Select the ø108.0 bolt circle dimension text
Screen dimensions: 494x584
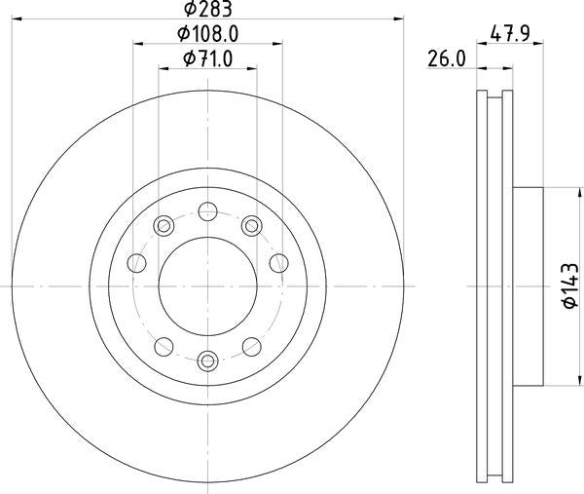click(x=207, y=34)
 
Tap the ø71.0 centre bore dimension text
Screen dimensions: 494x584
click(x=207, y=59)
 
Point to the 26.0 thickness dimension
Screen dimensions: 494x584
click(x=445, y=59)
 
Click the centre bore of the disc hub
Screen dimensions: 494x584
click(x=207, y=285)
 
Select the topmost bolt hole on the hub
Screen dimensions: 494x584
click(x=207, y=209)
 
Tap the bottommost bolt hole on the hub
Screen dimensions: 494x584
click(x=207, y=361)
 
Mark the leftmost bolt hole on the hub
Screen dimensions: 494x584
click(x=137, y=261)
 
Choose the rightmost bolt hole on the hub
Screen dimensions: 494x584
click(x=278, y=261)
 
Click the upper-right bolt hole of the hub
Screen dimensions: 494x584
click(x=252, y=226)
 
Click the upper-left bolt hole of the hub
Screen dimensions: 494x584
click(x=163, y=226)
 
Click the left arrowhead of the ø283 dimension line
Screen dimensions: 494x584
click(x=17, y=18)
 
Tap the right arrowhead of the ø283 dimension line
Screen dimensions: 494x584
click(x=398, y=18)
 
